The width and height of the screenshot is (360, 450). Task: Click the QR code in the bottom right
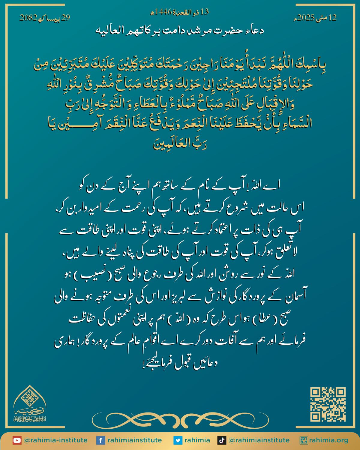pyautogui.click(x=328, y=405)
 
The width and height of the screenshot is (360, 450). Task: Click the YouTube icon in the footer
pyautogui.click(x=17, y=440)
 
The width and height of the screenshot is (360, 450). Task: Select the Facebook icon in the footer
pyautogui.click(x=100, y=440)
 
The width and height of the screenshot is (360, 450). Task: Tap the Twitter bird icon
pyautogui.click(x=178, y=440)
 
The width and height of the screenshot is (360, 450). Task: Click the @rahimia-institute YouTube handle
pyautogui.click(x=55, y=440)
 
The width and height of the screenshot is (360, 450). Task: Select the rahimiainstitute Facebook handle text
pyautogui.click(x=134, y=440)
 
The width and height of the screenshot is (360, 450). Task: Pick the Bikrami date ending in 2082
pyautogui.click(x=45, y=18)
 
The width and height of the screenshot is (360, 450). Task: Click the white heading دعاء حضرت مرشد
pyautogui.click(x=180, y=31)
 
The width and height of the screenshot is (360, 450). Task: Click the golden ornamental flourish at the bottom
pyautogui.click(x=180, y=419)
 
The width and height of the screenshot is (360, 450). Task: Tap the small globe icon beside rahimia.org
pyautogui.click(x=304, y=440)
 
